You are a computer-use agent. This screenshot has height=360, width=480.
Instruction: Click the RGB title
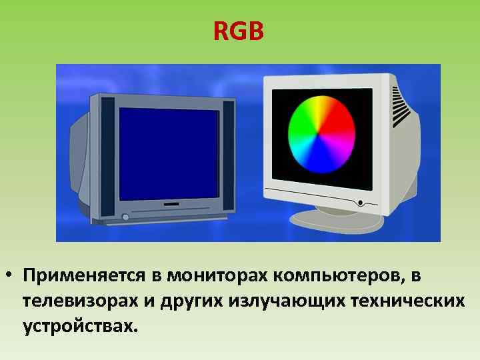pos(239,31)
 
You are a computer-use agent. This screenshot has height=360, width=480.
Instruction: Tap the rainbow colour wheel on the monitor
pos(321,135)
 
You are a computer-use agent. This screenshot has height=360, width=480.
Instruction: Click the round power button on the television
pos(125,217)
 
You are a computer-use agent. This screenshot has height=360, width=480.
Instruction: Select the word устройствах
pos(81,327)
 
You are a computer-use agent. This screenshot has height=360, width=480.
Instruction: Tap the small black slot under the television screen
pos(171,203)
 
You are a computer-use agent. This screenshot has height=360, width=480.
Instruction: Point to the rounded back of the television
pos(78,160)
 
